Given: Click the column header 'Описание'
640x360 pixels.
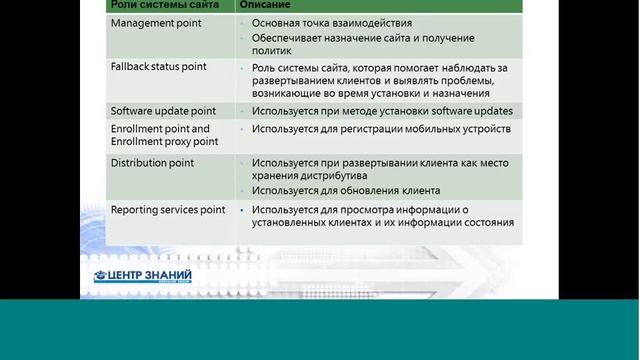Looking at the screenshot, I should tap(264, 6).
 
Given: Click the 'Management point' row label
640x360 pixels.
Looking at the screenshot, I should tap(155, 22).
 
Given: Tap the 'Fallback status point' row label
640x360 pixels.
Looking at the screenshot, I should tap(158, 66).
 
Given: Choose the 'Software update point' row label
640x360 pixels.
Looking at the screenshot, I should tap(162, 110).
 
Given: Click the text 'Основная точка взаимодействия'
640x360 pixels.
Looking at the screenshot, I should tap(331, 22).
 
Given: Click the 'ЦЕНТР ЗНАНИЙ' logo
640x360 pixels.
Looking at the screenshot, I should tap(142, 276).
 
